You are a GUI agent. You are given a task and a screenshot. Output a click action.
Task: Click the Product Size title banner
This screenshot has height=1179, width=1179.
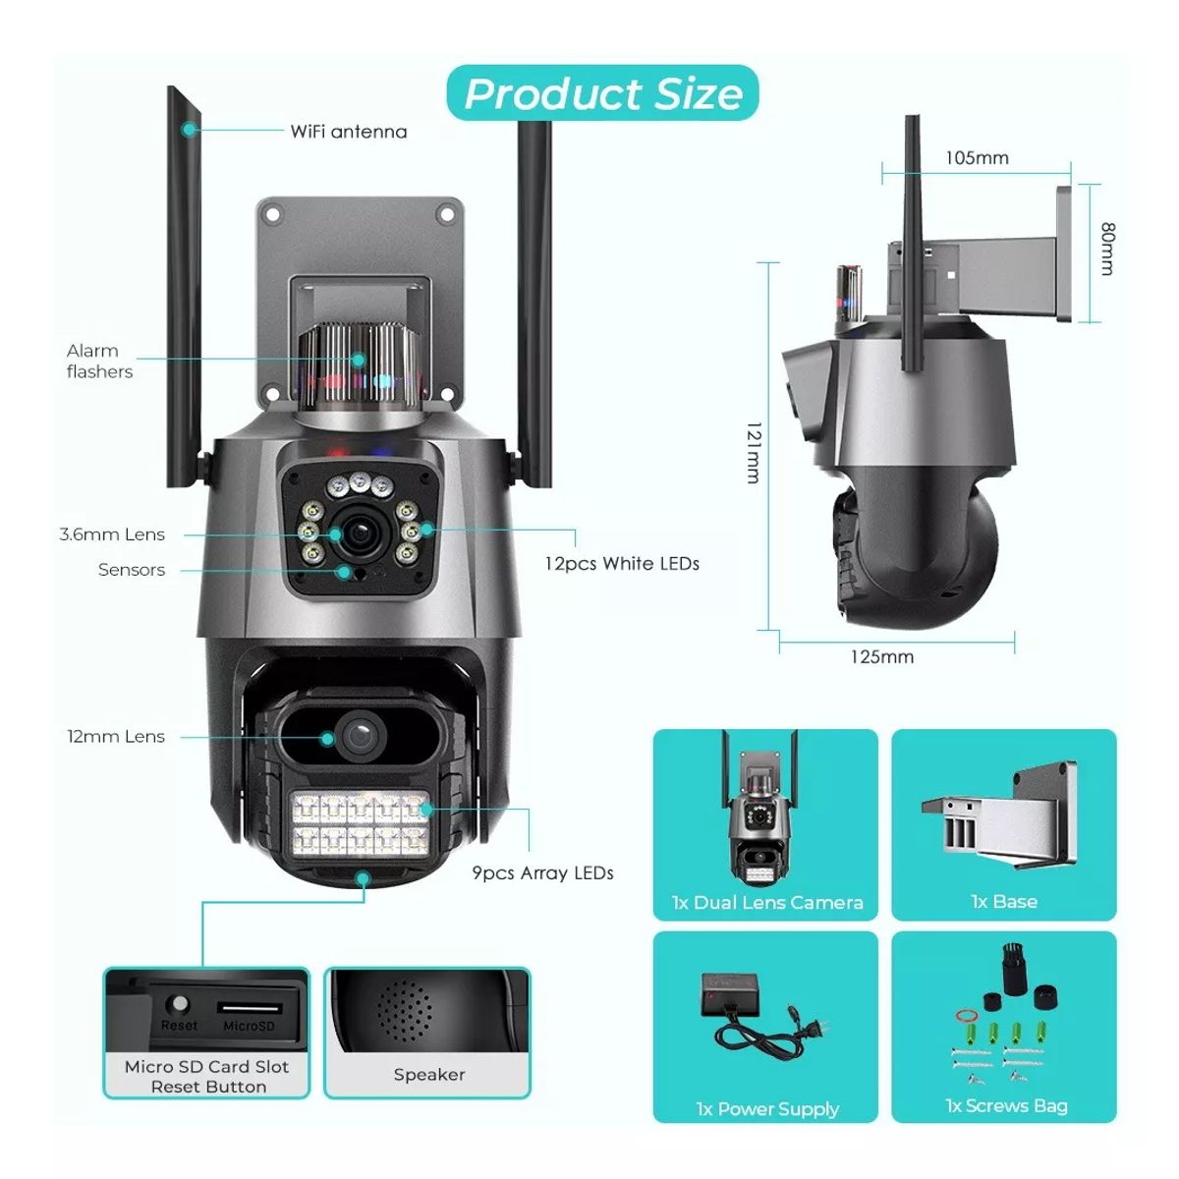pos(602,93)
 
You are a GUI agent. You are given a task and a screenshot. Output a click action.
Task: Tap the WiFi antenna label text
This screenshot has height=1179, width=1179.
pos(348,132)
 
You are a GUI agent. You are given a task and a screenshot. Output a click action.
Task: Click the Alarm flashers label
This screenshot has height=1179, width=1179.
pos(99,361)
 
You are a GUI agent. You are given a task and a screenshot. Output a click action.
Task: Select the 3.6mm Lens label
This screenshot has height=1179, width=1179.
pos(112,534)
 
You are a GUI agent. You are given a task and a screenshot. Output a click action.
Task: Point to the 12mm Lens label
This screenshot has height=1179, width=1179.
pos(116,736)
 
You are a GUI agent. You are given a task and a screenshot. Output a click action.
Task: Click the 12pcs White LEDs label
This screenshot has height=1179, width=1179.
pos(622,563)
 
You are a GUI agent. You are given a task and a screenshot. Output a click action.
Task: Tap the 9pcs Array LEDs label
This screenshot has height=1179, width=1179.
pos(542,872)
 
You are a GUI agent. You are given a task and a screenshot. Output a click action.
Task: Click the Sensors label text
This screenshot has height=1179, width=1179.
pos(132,570)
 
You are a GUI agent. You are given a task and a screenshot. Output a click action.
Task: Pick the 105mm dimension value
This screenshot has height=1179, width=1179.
pos(977,157)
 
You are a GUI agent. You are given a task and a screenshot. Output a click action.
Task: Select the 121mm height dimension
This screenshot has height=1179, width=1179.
pos(754,452)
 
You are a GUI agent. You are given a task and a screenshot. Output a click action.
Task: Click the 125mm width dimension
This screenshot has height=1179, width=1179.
pos(881,656)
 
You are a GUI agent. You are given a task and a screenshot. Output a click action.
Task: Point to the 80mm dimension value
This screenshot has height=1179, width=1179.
pos(1107,248)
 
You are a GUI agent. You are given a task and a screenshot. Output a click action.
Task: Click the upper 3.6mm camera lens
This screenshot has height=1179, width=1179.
pos(357,532)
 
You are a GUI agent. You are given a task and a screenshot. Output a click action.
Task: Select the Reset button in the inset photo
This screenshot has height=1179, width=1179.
pos(179,1005)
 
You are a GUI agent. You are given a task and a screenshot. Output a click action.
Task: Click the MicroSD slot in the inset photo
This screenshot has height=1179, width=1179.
pos(249,1008)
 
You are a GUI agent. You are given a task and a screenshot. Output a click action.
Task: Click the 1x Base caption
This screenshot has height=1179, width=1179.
pos(1003,901)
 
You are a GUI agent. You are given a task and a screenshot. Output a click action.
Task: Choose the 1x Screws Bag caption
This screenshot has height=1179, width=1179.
pos(1006,1105)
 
